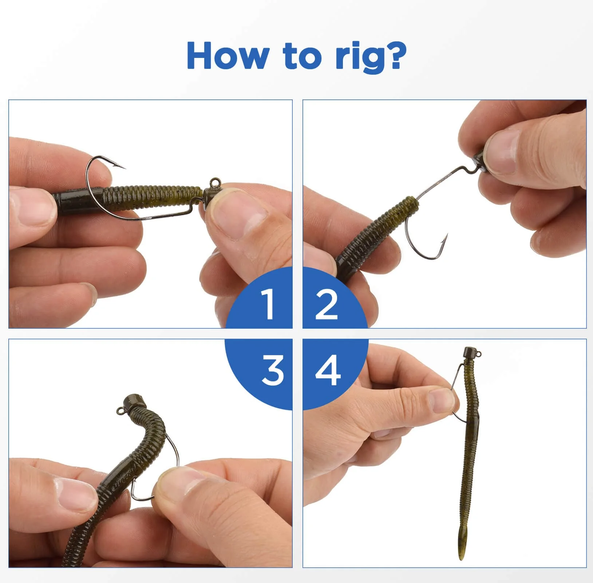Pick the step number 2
[327, 304]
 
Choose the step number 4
[328, 371]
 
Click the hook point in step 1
[124, 168]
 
